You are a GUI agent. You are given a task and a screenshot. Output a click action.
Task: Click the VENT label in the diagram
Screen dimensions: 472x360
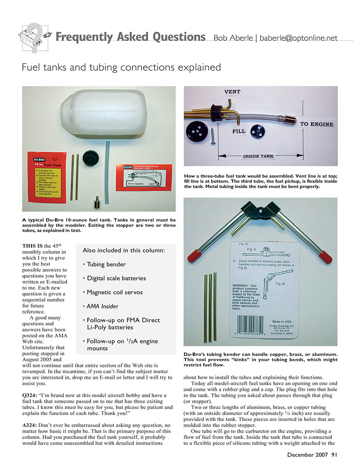tap(232, 92)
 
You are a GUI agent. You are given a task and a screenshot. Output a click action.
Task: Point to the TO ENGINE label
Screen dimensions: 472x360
tap(316, 124)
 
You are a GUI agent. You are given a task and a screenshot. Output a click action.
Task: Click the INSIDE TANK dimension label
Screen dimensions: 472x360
tap(258, 157)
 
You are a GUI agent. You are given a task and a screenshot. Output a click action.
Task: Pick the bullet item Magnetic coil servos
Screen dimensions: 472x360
tap(115, 292)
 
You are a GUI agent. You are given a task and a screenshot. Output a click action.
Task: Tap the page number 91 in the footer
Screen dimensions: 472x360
tap(334, 455)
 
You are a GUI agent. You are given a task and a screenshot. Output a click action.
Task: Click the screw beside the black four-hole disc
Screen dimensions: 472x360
tap(213, 135)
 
